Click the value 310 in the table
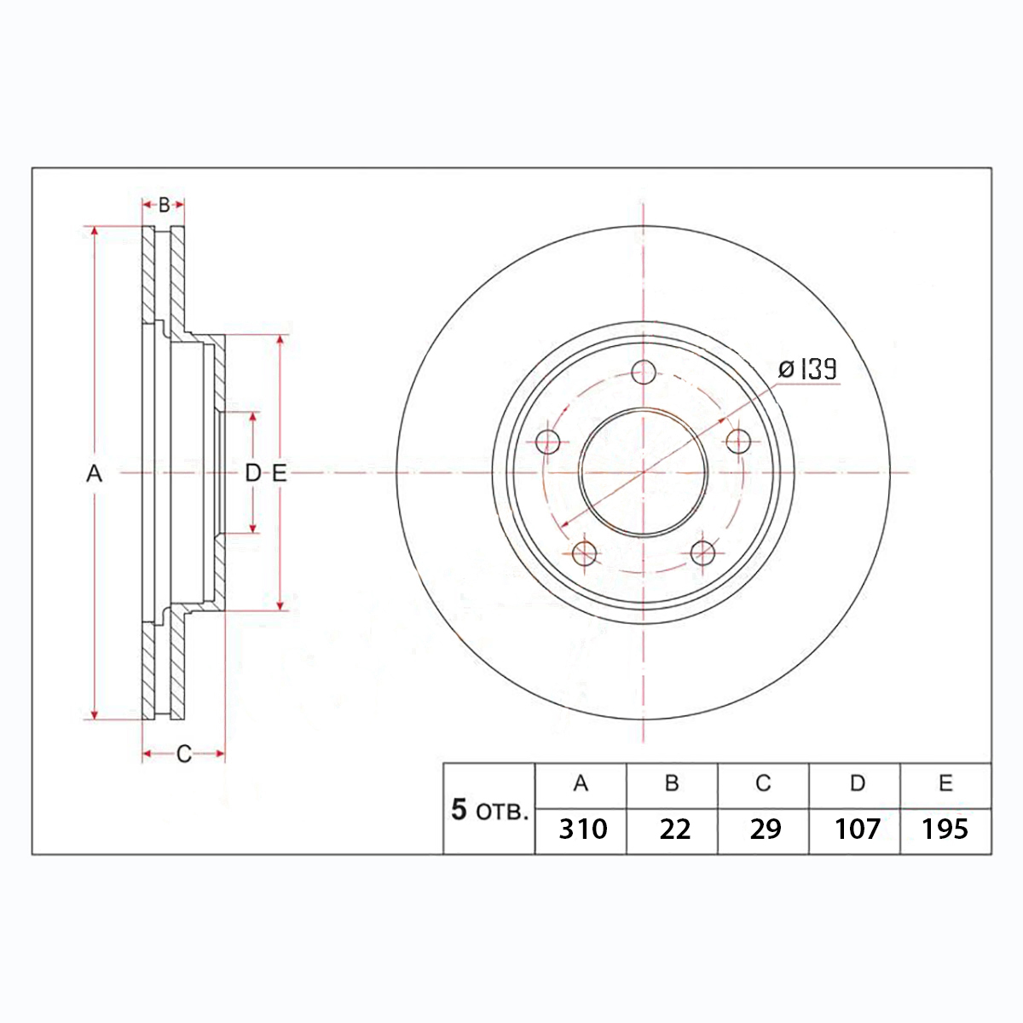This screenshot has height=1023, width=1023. [x=582, y=829]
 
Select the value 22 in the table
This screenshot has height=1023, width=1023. [x=674, y=829]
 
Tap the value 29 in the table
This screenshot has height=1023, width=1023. [x=765, y=829]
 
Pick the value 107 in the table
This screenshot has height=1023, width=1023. [x=858, y=829]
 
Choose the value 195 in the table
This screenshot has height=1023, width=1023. [x=945, y=829]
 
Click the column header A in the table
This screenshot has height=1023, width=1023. [x=581, y=783]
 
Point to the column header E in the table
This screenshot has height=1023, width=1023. [x=945, y=783]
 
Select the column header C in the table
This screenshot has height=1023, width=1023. [x=763, y=783]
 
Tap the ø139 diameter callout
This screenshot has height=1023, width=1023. [x=807, y=369]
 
